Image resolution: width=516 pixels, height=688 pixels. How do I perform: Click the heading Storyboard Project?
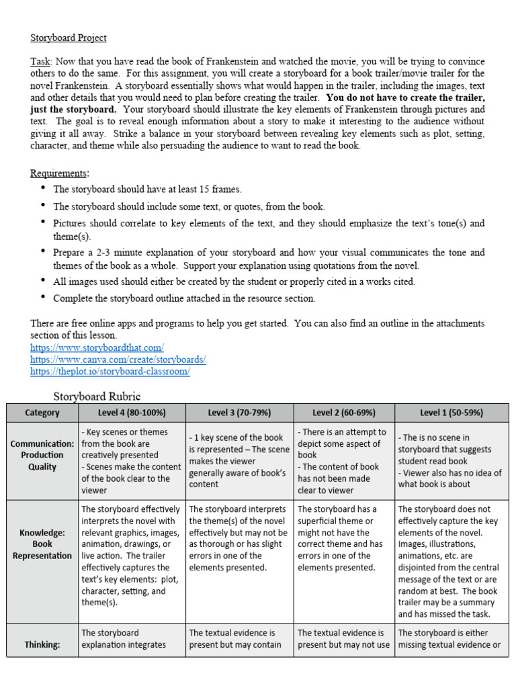point(68,38)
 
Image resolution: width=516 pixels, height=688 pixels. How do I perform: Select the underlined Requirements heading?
point(59,173)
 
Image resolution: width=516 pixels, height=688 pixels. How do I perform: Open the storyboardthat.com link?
point(97,347)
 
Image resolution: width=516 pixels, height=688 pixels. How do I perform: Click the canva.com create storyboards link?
point(118,359)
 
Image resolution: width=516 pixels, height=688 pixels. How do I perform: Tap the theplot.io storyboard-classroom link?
point(110,372)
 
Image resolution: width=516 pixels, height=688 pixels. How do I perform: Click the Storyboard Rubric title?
point(97,396)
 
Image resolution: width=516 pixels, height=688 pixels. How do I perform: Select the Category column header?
point(42,413)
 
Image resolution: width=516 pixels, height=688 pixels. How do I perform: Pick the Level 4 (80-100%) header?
point(132,413)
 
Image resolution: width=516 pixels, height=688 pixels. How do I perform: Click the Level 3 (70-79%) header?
point(239,413)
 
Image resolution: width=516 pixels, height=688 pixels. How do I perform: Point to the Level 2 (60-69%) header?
point(344,413)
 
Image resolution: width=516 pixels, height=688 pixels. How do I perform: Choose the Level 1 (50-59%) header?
point(451,413)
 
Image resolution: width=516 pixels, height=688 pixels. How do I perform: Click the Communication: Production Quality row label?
point(42,455)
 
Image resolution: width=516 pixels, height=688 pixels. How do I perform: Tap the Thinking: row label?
point(42,644)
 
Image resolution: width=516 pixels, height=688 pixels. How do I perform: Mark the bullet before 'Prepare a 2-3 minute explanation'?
point(44,253)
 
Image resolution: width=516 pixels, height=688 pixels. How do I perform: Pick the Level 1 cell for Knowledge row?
point(451,561)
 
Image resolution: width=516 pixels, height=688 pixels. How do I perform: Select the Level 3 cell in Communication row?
point(239,461)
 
